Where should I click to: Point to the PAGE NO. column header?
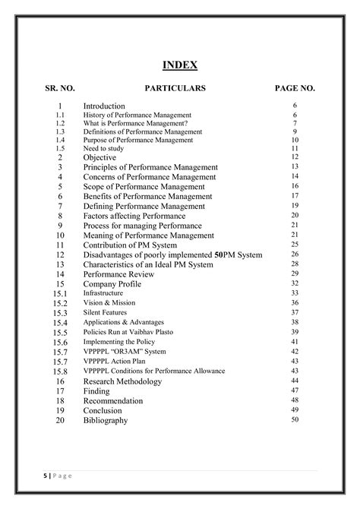[295, 89]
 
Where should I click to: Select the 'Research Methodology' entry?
[122, 381]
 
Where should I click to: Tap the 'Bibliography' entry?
[106, 420]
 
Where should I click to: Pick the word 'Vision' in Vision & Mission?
[93, 303]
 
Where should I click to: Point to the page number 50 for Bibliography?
[295, 419]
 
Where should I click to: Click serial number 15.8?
[60, 371]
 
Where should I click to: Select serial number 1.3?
[60, 131]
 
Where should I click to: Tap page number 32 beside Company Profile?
[295, 283]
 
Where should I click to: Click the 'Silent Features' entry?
[105, 313]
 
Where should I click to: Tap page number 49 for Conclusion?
[295, 409]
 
